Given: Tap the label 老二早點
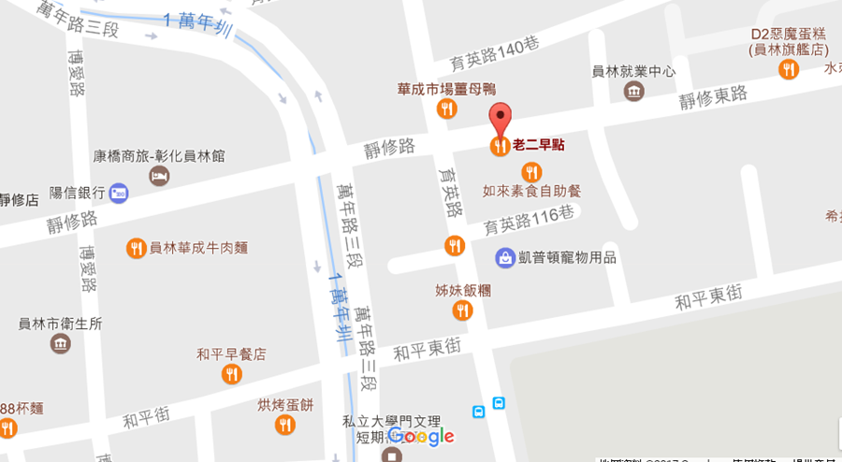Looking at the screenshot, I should click(539, 145).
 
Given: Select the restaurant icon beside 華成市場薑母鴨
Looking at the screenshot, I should click(447, 109).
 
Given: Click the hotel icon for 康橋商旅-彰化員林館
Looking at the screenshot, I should click(159, 176).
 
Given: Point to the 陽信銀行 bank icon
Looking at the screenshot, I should click(119, 193).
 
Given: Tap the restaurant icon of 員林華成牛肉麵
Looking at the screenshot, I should click(137, 248).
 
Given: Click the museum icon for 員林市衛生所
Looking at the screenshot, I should click(61, 343).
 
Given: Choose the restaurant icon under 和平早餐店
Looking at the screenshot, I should click(231, 374).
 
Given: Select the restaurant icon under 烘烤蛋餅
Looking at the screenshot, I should click(285, 425).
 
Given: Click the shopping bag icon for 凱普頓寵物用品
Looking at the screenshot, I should click(505, 256).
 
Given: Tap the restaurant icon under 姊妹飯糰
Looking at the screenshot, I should click(462, 310).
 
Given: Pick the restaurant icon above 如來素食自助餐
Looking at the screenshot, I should click(531, 172).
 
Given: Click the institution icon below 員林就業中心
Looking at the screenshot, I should click(634, 91).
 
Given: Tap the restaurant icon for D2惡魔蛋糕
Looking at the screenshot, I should click(790, 68).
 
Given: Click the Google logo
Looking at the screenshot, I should click(421, 436).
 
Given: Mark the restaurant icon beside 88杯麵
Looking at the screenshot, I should click(7, 428).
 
